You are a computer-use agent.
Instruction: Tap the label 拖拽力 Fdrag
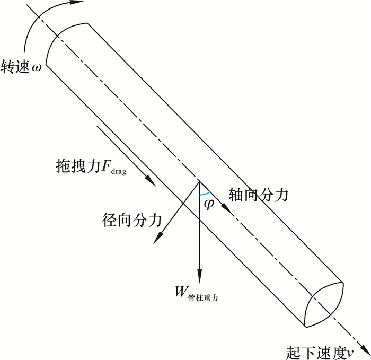click(x=91, y=166)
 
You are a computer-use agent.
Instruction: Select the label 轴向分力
click(x=258, y=195)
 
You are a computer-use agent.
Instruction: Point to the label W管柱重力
click(x=196, y=293)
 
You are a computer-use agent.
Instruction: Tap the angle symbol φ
click(x=209, y=203)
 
